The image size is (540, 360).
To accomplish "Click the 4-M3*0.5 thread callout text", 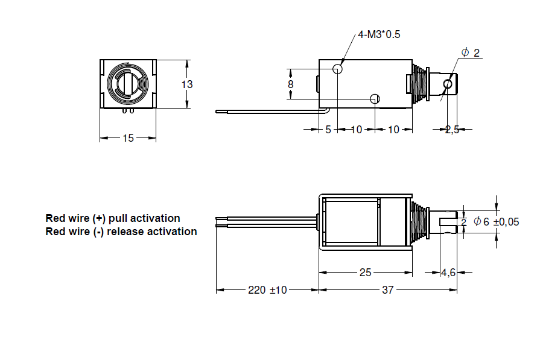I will pos(379,34).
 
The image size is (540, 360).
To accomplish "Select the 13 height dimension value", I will pos(188,84).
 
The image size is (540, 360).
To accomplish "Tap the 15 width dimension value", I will pos(128,138).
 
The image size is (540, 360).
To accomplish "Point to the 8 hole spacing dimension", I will pos(290,84).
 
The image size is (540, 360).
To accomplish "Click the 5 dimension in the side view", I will pos(328,129).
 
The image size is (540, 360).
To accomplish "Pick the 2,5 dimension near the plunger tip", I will pos(452,129).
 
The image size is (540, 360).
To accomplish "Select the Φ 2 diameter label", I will pos(471,53).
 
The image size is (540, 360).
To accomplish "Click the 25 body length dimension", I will pos(365,273).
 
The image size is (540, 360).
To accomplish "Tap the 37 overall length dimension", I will pos(387,290).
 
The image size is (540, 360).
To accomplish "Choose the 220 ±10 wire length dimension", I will pos(267,290).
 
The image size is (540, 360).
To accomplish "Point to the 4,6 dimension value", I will pos(448,273).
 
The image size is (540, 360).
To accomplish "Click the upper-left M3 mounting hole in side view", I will pos(337,70).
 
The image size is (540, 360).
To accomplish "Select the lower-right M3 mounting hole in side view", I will pos(375,98).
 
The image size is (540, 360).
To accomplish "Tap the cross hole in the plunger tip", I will pos(448,83).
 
